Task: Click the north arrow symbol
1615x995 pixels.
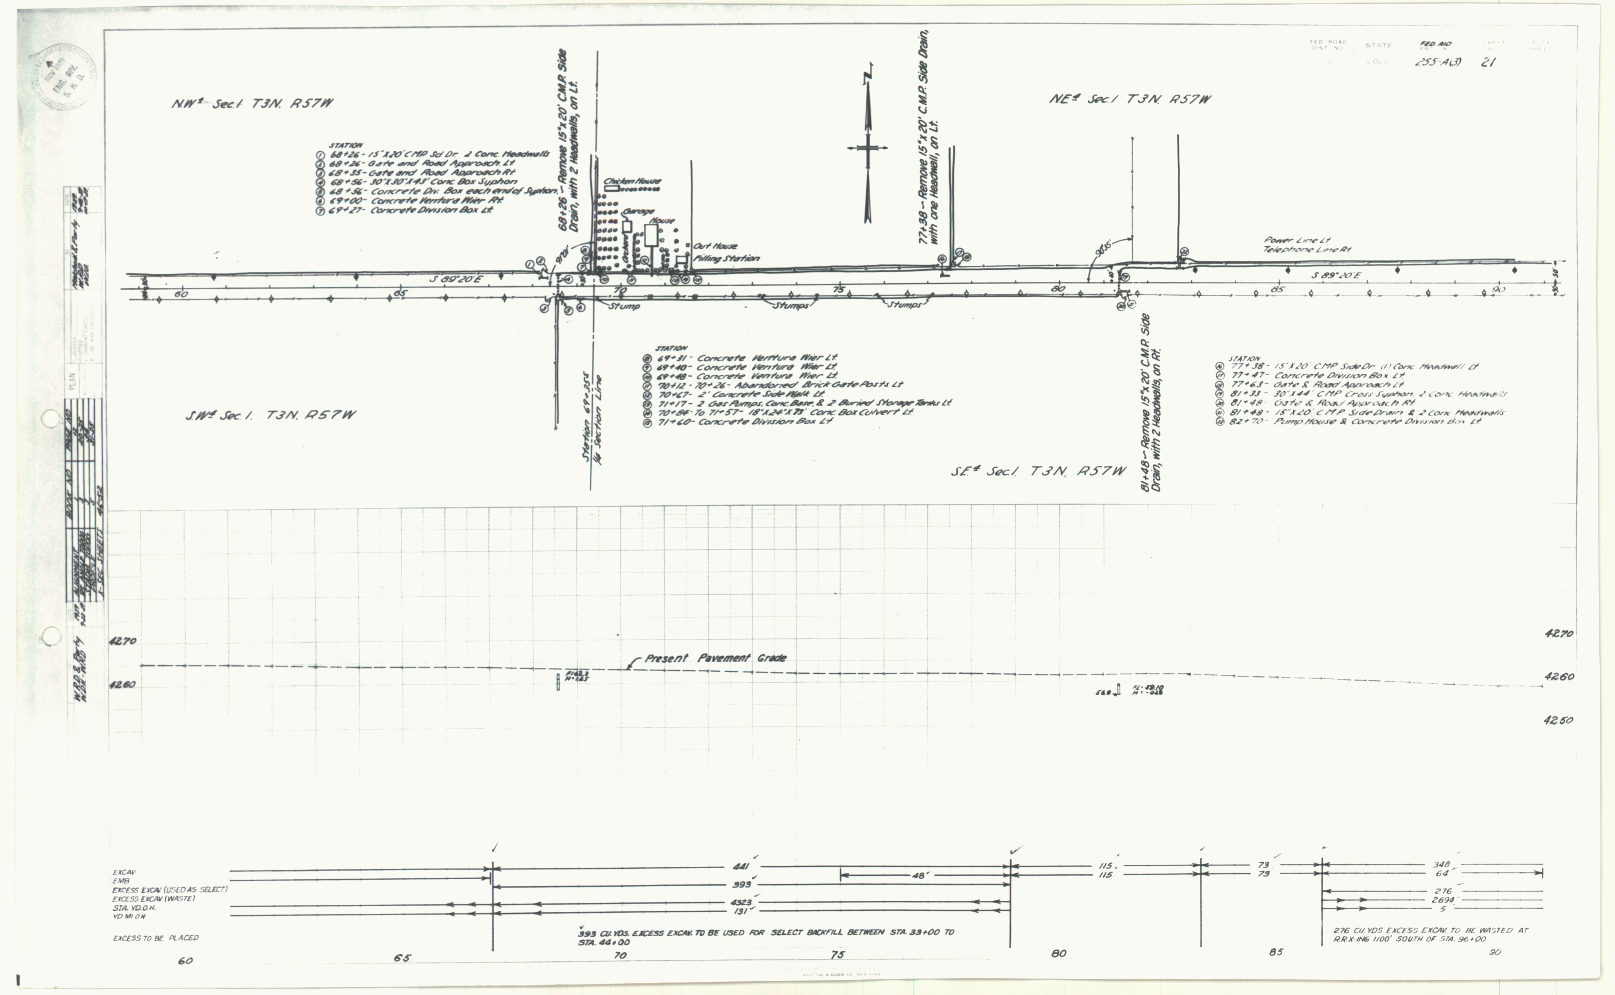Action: (868, 145)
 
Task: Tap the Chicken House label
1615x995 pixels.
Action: (633, 181)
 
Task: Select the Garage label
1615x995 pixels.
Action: (638, 211)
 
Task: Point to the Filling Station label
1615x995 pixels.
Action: (726, 259)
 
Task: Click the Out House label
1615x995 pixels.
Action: (715, 246)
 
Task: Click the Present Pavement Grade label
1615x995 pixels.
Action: (715, 658)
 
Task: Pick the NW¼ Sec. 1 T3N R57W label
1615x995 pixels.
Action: (252, 103)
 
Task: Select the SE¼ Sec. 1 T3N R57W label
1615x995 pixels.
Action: (1038, 471)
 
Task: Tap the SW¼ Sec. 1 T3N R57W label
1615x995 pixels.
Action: (270, 415)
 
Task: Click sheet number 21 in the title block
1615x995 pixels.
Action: (1488, 62)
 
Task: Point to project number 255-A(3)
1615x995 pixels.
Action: (1438, 62)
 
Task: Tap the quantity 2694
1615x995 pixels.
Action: (1443, 900)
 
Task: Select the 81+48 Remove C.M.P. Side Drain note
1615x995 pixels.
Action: (1151, 403)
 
